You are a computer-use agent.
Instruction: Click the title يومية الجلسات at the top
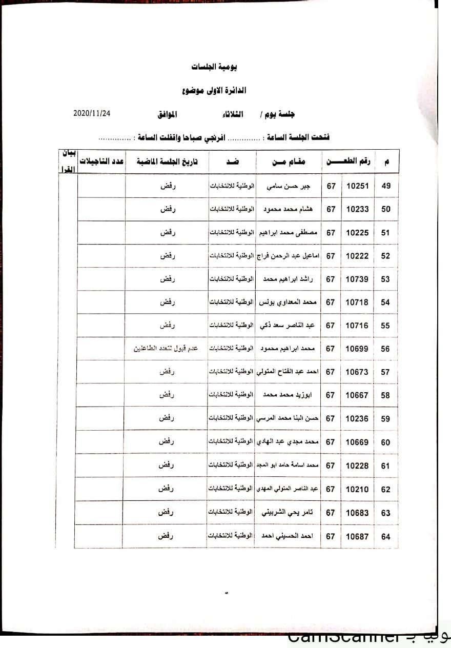(x=214, y=67)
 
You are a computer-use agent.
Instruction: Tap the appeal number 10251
(x=358, y=186)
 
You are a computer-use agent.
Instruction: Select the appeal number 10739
(x=357, y=279)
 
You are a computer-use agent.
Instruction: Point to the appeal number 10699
(x=357, y=349)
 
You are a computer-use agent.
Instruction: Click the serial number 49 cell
(x=386, y=186)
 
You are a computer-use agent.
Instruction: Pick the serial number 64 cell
(x=385, y=536)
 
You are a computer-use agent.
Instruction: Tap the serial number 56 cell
(x=385, y=349)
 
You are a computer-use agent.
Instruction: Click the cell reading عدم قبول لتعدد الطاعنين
(x=166, y=349)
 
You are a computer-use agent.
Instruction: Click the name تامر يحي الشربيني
(x=289, y=513)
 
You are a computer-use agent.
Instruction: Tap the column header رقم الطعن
(x=349, y=162)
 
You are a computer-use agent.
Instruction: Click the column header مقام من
(x=289, y=162)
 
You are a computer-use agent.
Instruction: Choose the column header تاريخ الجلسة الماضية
(x=166, y=162)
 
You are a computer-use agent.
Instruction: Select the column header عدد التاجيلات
(x=101, y=162)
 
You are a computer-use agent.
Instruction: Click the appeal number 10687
(x=357, y=536)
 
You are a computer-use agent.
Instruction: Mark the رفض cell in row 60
(x=166, y=442)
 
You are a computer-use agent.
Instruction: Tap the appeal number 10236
(x=357, y=419)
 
